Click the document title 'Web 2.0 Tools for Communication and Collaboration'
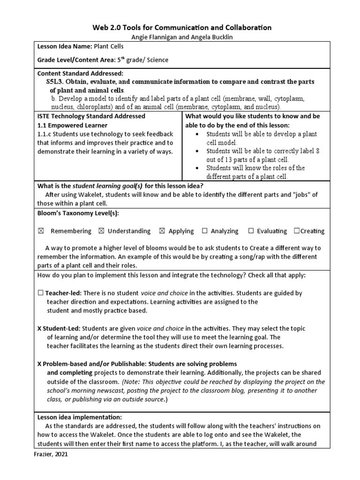click(x=180, y=28)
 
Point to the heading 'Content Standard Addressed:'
click(x=80, y=74)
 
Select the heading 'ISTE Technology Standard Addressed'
click(x=91, y=116)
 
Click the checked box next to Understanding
click(x=102, y=231)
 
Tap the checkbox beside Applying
click(x=162, y=231)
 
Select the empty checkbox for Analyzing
click(x=204, y=231)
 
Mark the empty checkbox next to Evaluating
click(x=251, y=231)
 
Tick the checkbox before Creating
click(x=296, y=231)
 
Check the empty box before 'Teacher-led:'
click(x=41, y=293)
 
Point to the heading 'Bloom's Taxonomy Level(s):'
click(x=78, y=213)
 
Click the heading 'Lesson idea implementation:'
click(x=79, y=417)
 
